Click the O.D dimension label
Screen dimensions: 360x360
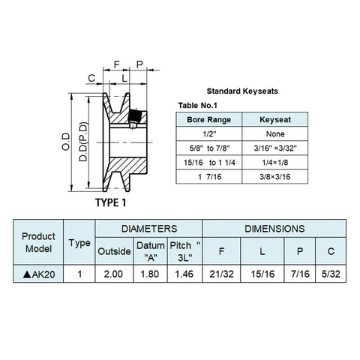pyautogui.click(x=66, y=142)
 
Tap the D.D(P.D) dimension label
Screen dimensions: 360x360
pyautogui.click(x=83, y=142)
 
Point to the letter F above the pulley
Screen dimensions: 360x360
pyautogui.click(x=117, y=64)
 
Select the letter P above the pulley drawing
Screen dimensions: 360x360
pyautogui.click(x=139, y=64)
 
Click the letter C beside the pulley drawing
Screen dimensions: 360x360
pyautogui.click(x=91, y=78)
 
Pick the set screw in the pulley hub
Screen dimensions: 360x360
pyautogui.click(x=134, y=118)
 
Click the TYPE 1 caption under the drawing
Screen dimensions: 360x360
pyautogui.click(x=111, y=202)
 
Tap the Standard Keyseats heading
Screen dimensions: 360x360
pyautogui.click(x=242, y=91)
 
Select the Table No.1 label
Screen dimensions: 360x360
pyautogui.click(x=197, y=106)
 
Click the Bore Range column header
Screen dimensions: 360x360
pyautogui.click(x=209, y=120)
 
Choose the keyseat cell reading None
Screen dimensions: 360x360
pyautogui.click(x=275, y=134)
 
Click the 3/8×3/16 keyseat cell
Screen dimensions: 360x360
pyautogui.click(x=275, y=177)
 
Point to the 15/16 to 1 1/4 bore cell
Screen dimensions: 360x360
pyautogui.click(x=209, y=163)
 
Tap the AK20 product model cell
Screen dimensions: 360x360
pyautogui.click(x=39, y=274)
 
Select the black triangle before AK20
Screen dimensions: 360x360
pyautogui.click(x=27, y=274)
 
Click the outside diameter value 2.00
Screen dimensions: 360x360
pyautogui.click(x=113, y=274)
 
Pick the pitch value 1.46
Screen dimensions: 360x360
pyautogui.click(x=184, y=274)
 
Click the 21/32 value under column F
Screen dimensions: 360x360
pyautogui.click(x=221, y=274)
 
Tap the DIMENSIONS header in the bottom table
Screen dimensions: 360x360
pyautogui.click(x=274, y=229)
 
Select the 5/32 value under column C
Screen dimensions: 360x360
pyautogui.click(x=331, y=274)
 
